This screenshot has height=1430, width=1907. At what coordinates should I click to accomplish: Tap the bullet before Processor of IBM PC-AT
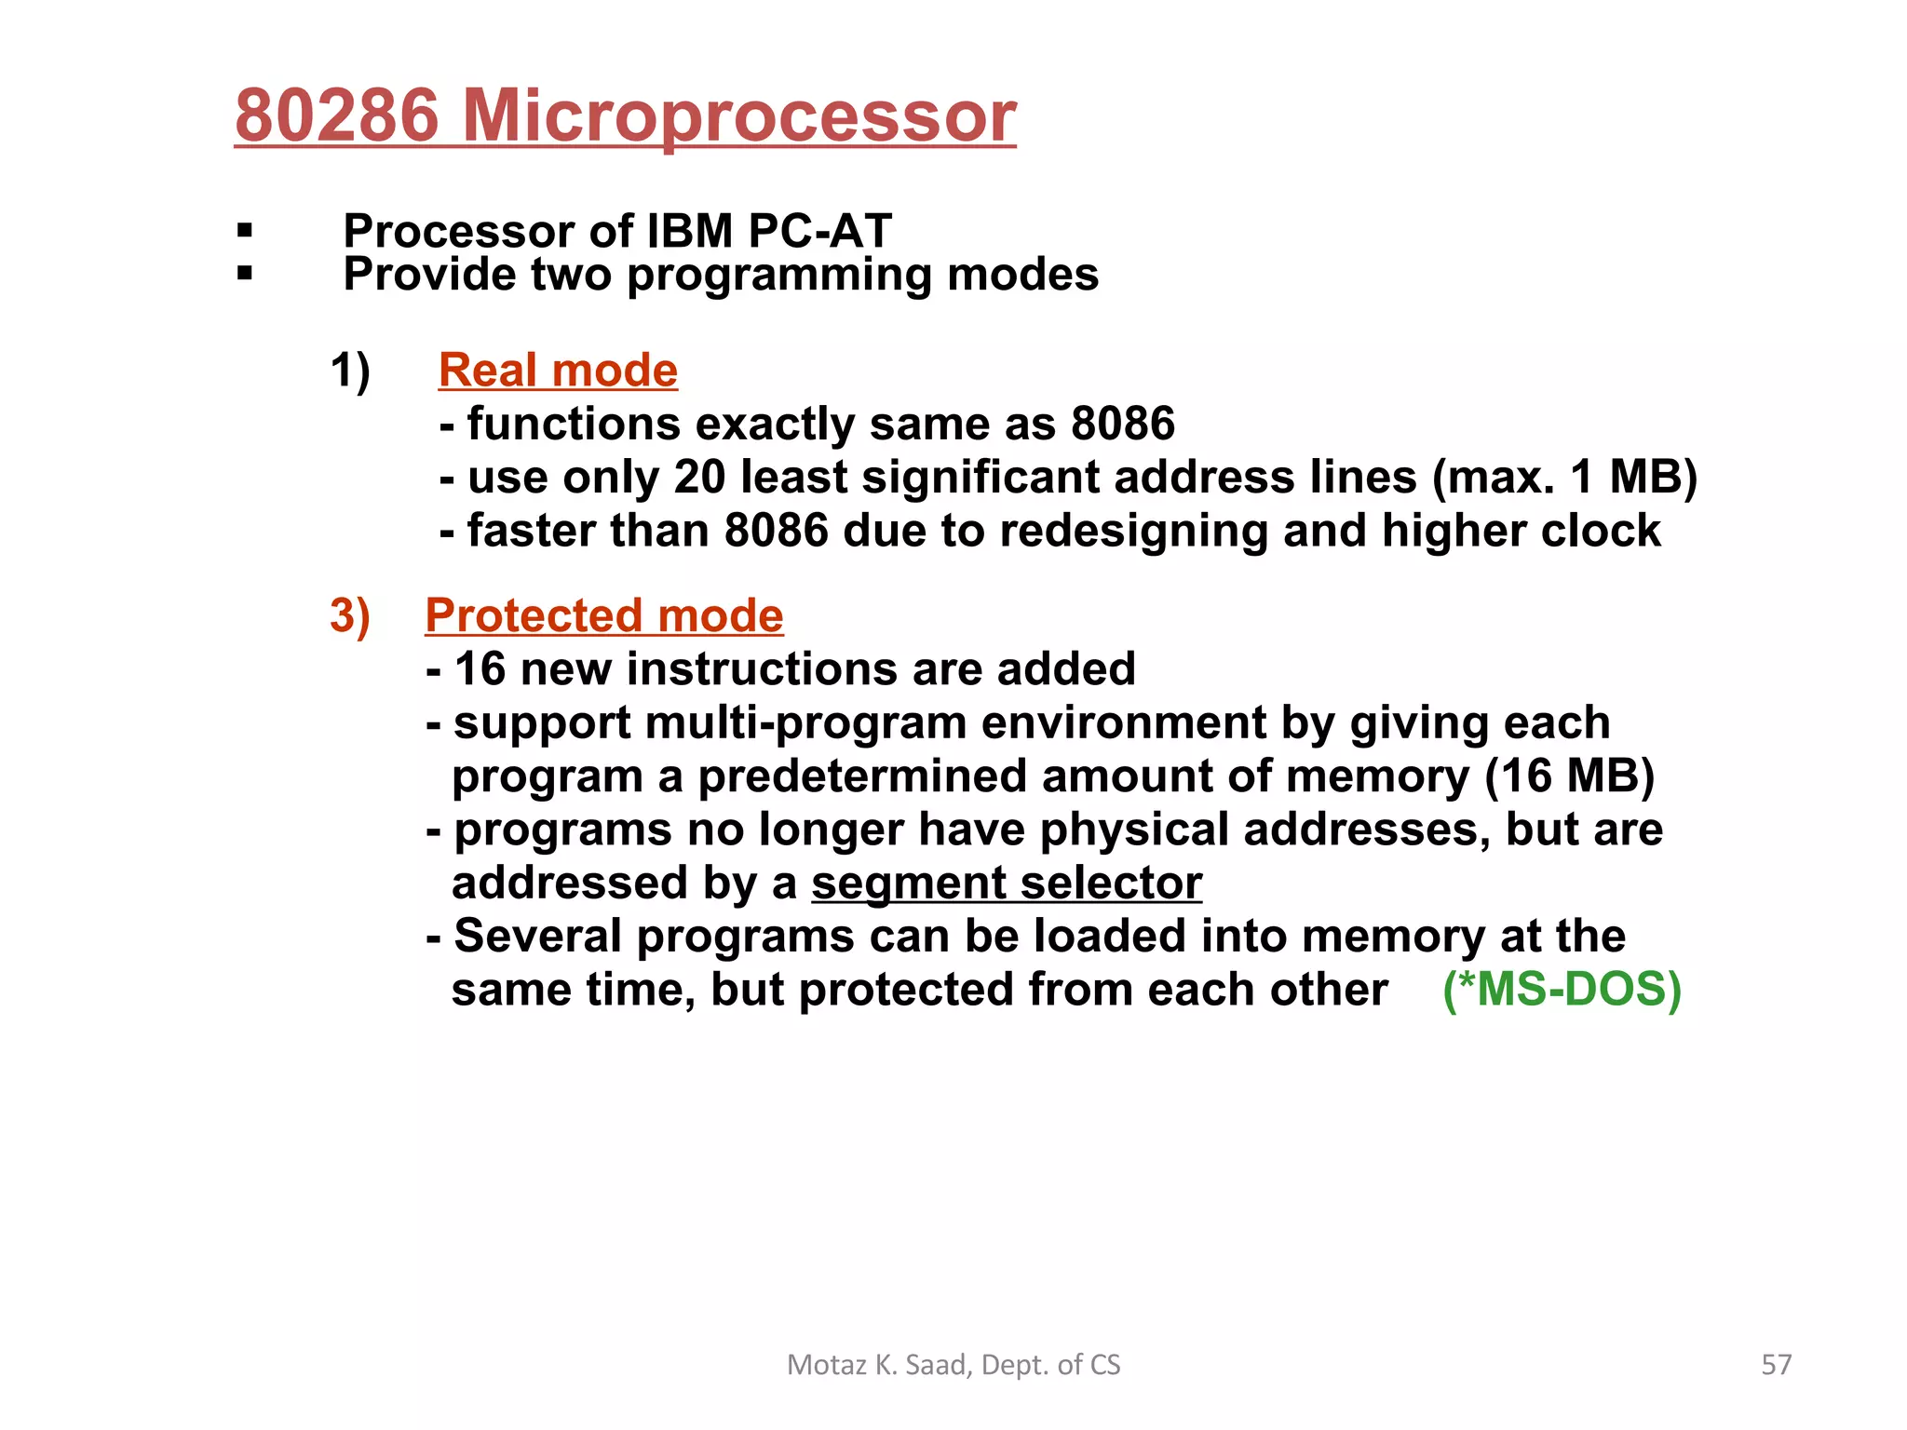245,230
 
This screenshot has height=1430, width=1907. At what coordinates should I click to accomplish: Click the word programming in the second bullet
778,276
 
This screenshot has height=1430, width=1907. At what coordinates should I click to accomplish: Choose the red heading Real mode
558,371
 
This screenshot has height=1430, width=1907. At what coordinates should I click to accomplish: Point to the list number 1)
350,371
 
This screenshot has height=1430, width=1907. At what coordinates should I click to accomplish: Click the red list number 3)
350,616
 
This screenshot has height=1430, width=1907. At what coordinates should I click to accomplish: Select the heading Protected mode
604,616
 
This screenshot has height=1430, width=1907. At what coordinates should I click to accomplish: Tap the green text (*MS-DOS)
1562,990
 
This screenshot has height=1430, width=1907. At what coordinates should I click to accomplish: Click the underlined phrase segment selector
1007,884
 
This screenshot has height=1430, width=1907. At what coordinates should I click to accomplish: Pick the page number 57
1777,1365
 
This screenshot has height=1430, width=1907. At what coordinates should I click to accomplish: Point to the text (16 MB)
1569,776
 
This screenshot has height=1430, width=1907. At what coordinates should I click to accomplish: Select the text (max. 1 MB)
1564,478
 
